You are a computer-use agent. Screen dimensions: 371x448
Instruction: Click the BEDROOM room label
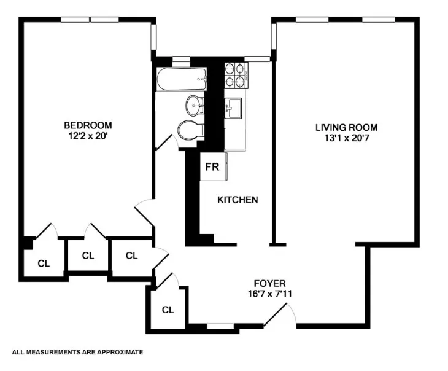tap(88, 125)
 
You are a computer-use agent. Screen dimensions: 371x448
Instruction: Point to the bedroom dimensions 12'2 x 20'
tap(88, 136)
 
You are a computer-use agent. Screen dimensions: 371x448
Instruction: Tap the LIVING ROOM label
tap(346, 127)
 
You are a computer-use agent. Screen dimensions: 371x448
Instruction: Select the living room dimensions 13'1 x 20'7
tap(346, 138)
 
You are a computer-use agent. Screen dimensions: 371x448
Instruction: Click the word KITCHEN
tap(238, 200)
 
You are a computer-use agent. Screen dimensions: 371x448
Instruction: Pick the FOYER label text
tap(271, 283)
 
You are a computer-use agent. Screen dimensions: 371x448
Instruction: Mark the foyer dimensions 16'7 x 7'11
tap(271, 293)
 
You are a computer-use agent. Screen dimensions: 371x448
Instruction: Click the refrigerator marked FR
tap(212, 166)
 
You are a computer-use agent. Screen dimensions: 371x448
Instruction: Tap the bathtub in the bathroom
tap(181, 79)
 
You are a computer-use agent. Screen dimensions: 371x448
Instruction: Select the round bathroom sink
tap(195, 106)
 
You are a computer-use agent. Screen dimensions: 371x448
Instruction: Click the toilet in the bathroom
tap(189, 130)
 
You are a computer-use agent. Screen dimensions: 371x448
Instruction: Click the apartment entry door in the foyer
tap(279, 315)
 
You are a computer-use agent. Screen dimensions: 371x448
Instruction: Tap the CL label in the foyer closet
tap(168, 309)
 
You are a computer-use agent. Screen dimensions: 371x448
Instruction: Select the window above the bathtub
tap(180, 60)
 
